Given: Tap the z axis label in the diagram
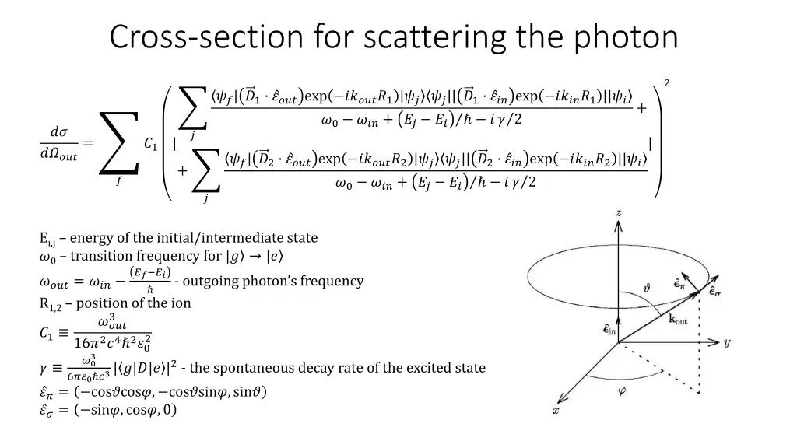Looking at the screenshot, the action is (x=618, y=212).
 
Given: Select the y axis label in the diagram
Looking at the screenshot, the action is (x=726, y=342).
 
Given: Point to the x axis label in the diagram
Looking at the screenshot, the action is (x=555, y=410).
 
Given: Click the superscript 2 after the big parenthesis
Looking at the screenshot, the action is (x=666, y=82).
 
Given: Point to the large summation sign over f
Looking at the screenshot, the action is (x=119, y=143).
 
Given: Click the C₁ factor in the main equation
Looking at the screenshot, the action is (x=151, y=143).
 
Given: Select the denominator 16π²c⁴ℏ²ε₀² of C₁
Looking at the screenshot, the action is (x=112, y=342).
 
